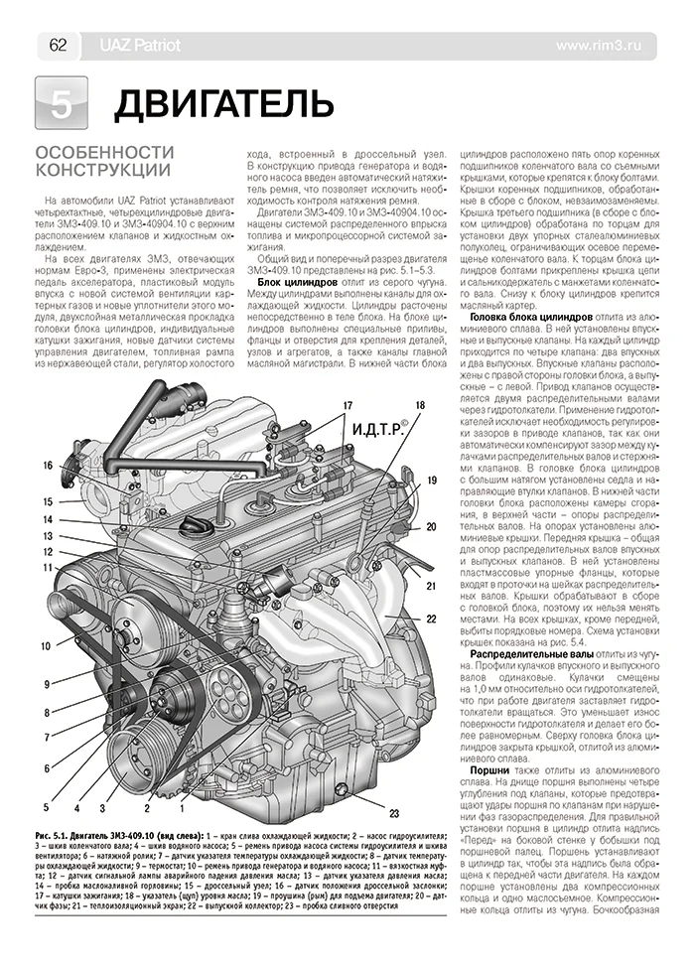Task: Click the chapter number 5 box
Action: click(61, 102)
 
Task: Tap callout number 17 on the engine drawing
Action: click(347, 405)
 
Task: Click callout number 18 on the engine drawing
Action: click(420, 405)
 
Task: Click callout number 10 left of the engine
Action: click(46, 618)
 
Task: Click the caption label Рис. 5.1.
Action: click(55, 839)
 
